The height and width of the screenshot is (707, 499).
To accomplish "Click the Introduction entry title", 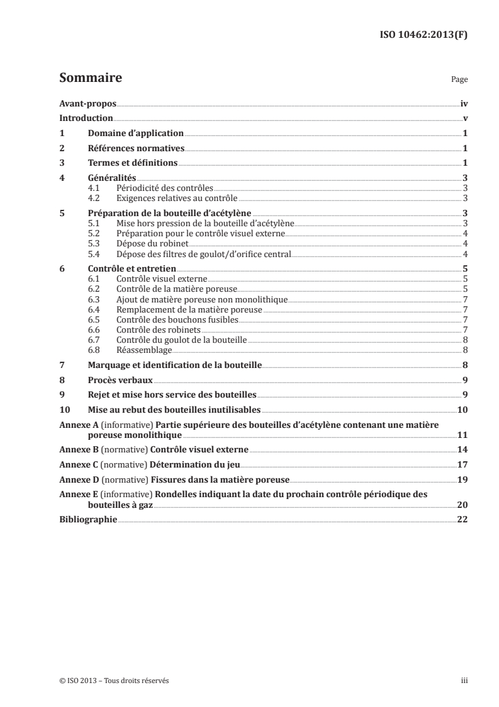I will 86,118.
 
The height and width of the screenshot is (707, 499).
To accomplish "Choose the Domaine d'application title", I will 135,134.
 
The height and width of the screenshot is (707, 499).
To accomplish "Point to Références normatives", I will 135,149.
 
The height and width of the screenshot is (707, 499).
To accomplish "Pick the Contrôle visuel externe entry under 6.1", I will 162,278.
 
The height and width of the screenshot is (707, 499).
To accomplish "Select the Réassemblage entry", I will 144,349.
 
